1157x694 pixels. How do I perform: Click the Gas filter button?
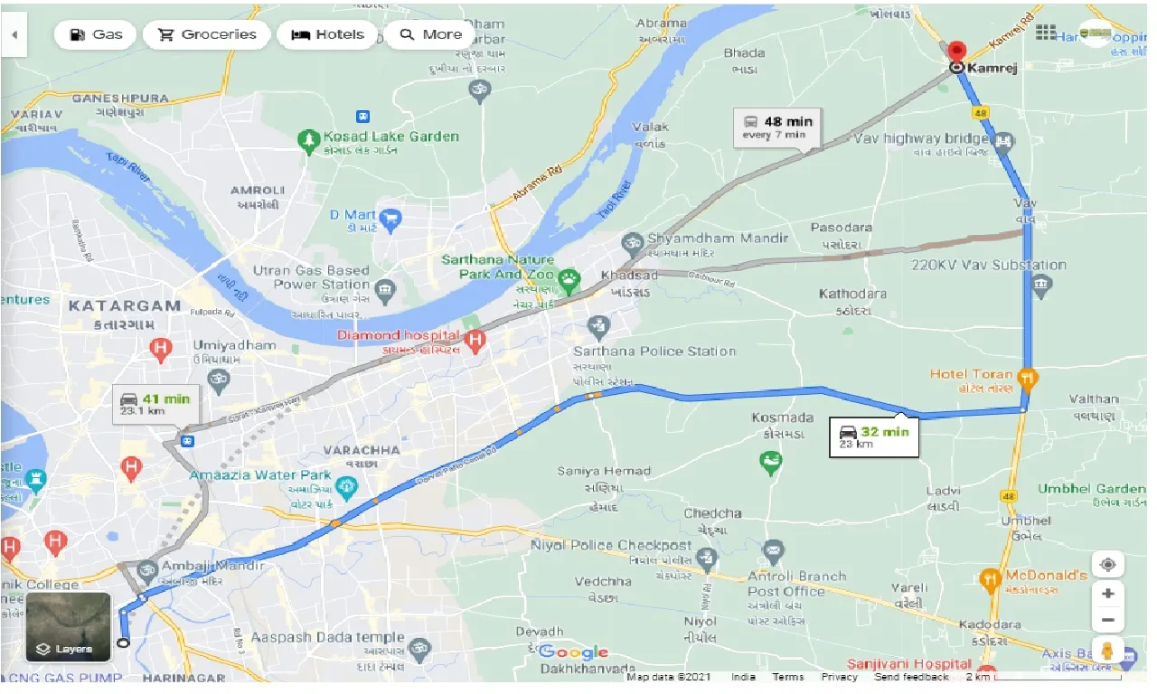pyautogui.click(x=95, y=34)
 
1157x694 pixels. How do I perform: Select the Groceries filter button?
pyautogui.click(x=207, y=34)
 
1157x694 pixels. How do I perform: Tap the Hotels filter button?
pyautogui.click(x=326, y=34)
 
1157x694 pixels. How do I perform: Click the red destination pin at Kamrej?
pyautogui.click(x=956, y=51)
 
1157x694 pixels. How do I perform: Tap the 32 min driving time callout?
pyautogui.click(x=875, y=436)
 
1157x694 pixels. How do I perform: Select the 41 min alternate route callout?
pyautogui.click(x=155, y=403)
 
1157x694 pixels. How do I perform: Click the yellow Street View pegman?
pyautogui.click(x=1106, y=650)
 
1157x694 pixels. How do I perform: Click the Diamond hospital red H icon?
pyautogui.click(x=476, y=340)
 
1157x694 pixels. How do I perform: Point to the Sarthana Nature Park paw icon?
pyautogui.click(x=569, y=280)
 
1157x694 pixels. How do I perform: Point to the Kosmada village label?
pyautogui.click(x=783, y=417)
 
